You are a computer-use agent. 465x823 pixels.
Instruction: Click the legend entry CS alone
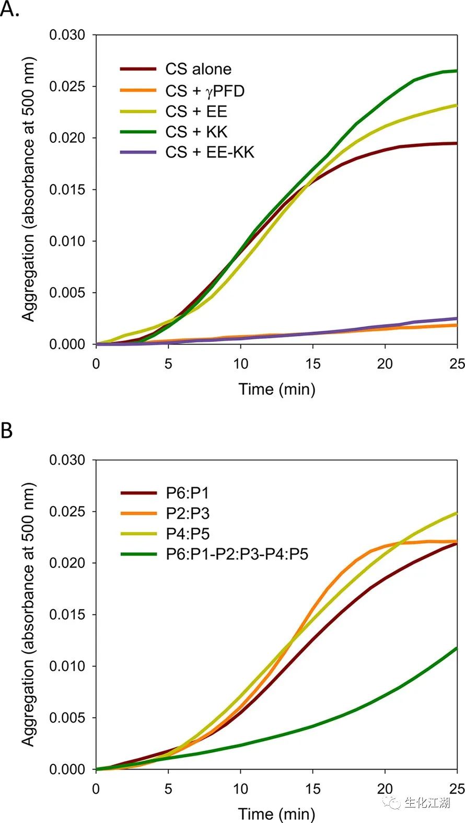[x=198, y=69]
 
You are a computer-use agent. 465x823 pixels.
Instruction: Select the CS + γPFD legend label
[x=205, y=91]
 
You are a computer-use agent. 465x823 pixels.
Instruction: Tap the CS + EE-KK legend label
[x=210, y=152]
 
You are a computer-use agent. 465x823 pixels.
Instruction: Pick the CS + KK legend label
[x=196, y=132]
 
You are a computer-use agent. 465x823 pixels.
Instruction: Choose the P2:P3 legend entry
[x=188, y=513]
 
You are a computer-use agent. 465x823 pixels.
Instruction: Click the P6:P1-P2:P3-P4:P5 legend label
[x=237, y=554]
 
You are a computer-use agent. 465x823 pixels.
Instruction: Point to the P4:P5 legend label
[x=188, y=533]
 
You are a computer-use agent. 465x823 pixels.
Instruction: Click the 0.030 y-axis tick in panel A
[x=67, y=35]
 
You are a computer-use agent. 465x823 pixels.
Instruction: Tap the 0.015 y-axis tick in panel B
[x=67, y=614]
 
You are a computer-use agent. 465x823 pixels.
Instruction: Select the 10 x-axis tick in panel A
[x=240, y=363]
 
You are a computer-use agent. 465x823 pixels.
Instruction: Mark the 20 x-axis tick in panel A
[x=385, y=363]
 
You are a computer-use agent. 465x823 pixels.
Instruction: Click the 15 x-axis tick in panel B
[x=312, y=788]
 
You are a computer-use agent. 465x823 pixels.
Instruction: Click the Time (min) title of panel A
[x=277, y=389]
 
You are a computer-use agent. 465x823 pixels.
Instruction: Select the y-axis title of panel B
[x=28, y=614]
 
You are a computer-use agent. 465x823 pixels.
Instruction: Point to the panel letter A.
[x=9, y=9]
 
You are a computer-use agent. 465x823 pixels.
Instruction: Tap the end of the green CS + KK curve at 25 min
[x=457, y=71]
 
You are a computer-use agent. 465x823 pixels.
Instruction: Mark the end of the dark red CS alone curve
[x=457, y=143]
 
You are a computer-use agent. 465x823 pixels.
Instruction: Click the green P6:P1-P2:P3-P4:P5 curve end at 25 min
[x=457, y=648]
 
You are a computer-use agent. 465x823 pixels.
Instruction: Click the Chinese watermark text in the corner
[x=427, y=803]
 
